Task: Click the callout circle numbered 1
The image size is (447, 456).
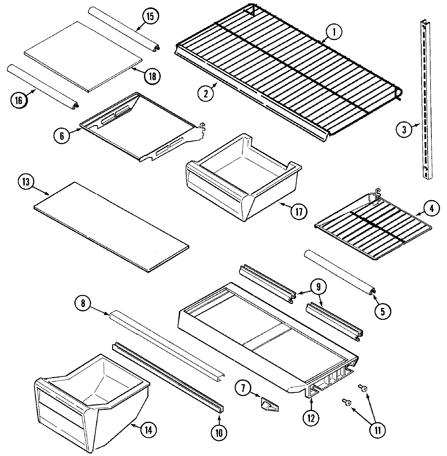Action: click(x=334, y=32)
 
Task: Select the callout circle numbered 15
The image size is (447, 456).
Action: click(x=149, y=17)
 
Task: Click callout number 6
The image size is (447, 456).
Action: click(x=62, y=136)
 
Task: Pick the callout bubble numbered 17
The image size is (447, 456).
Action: click(x=299, y=211)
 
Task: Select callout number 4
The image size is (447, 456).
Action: click(x=431, y=209)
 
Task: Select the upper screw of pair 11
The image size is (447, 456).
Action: click(x=362, y=388)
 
